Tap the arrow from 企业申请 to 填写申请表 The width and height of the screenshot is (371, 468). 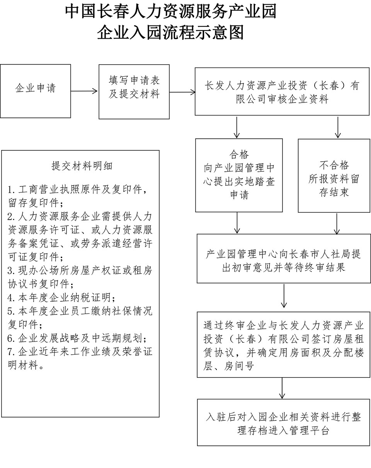[85, 91]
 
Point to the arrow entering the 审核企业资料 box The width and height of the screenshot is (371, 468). [182, 92]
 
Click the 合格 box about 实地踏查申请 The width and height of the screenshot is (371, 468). [239, 175]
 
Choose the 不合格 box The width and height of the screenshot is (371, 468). [334, 175]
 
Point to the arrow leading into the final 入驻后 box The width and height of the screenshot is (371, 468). [283, 388]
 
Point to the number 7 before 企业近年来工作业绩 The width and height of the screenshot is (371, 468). [11, 352]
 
